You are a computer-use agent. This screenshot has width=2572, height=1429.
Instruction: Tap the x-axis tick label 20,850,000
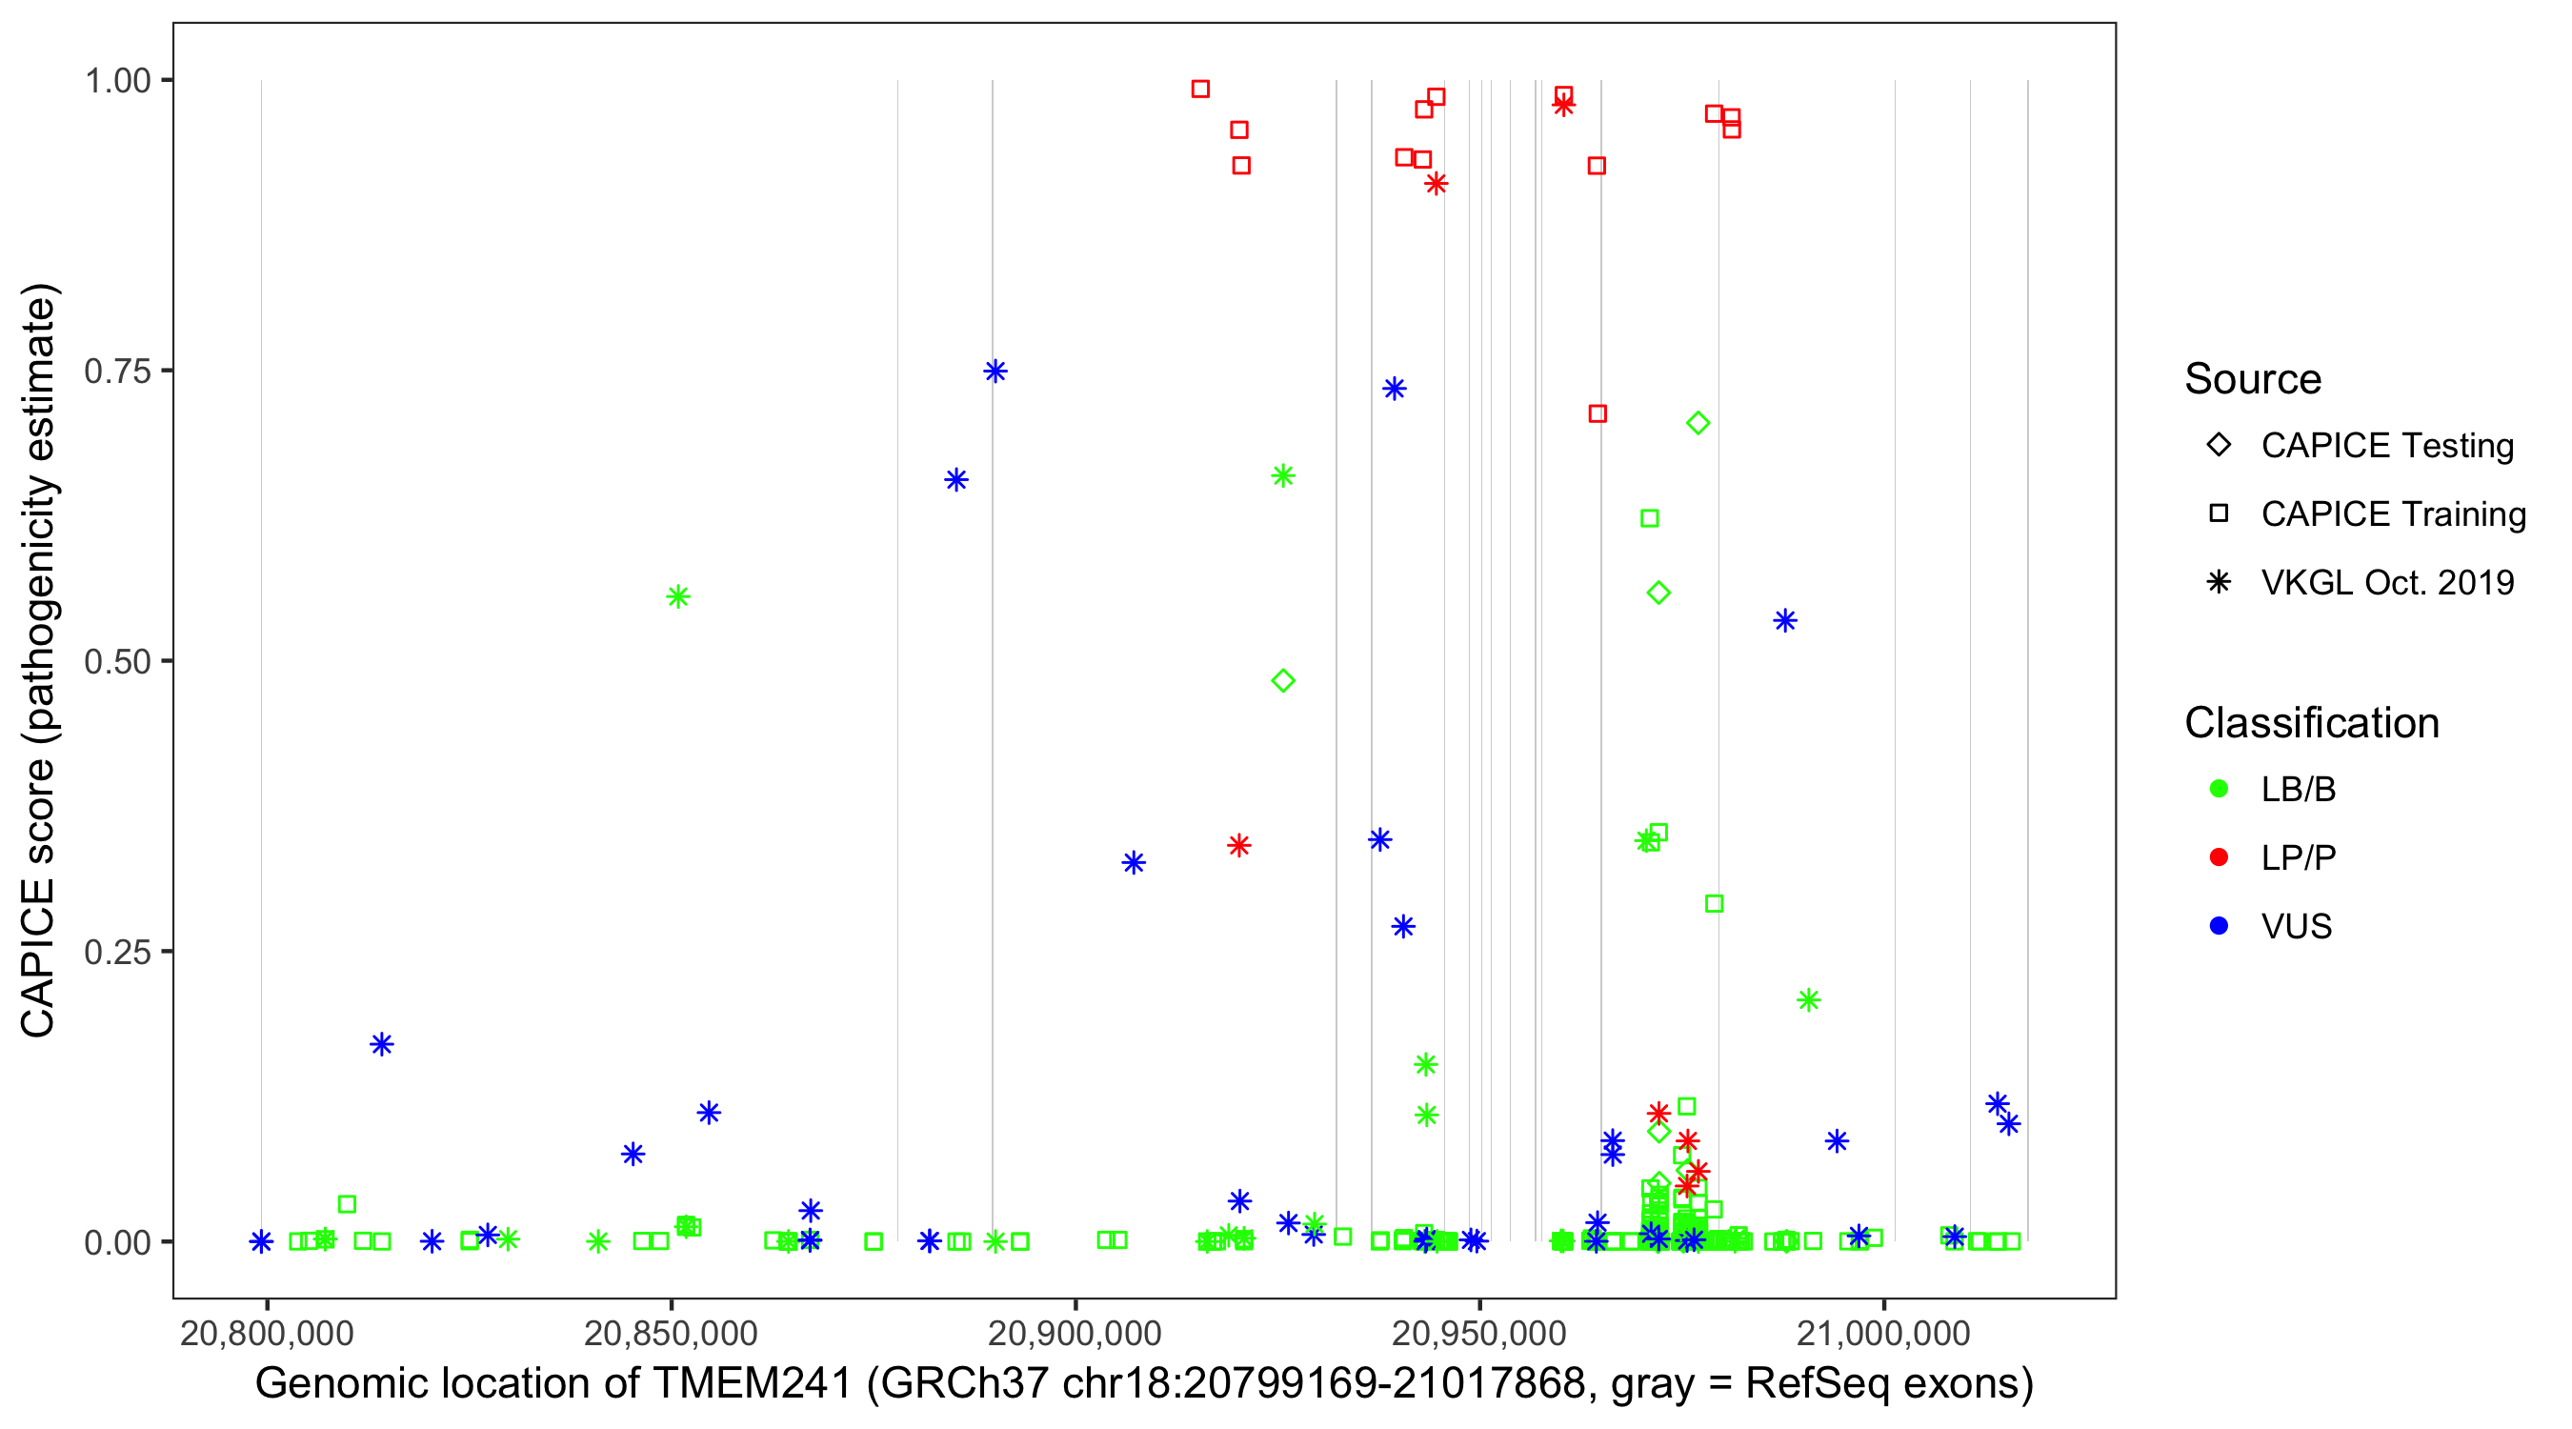click(671, 1333)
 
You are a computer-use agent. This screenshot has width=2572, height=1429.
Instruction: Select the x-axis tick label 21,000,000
click(1883, 1333)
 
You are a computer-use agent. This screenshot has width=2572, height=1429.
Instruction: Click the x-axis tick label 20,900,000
click(1075, 1333)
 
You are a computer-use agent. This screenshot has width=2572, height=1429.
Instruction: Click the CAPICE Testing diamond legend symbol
click(2219, 446)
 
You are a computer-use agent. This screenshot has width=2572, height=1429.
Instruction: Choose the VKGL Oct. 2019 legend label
click(2387, 582)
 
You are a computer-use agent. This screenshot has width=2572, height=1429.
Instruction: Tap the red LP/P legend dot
click(2219, 857)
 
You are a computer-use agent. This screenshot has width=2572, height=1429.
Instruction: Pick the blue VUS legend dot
click(2219, 926)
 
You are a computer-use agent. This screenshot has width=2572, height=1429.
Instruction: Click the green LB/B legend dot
click(2219, 789)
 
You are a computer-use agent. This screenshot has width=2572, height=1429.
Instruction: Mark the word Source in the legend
click(2253, 379)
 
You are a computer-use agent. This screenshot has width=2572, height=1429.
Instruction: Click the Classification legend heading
click(2311, 723)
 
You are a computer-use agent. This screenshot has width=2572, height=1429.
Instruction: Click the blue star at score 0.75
click(995, 372)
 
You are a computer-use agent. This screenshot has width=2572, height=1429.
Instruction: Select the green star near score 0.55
click(678, 597)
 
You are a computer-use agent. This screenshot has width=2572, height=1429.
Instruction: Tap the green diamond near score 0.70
click(1698, 423)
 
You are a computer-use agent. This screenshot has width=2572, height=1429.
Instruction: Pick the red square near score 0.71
click(1597, 413)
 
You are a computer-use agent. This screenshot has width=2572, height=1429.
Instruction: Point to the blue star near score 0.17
click(381, 1044)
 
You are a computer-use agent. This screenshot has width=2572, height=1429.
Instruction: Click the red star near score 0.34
click(1239, 846)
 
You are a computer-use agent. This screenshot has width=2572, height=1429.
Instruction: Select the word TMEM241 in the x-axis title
click(752, 1384)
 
